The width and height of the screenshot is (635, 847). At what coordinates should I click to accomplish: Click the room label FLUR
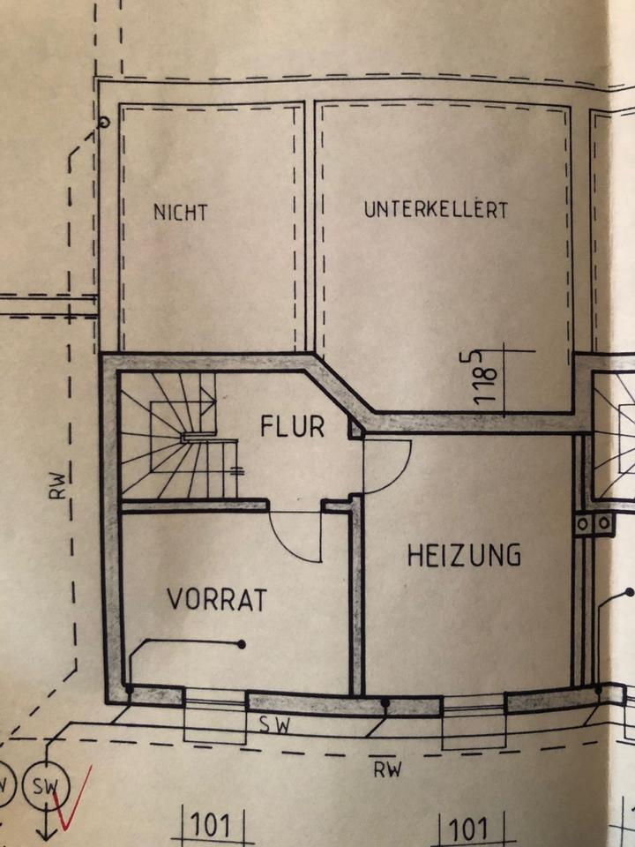[x=293, y=427]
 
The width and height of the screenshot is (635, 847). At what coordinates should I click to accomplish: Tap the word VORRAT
[x=217, y=599]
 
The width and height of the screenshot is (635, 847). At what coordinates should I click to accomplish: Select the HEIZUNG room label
[x=464, y=555]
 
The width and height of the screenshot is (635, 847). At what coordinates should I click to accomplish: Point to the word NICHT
[x=180, y=213]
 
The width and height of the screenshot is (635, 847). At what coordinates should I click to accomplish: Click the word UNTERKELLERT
[x=436, y=211]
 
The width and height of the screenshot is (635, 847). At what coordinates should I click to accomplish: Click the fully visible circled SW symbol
[x=41, y=784]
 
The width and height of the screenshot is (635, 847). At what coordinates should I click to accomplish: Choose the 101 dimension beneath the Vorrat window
[x=210, y=828]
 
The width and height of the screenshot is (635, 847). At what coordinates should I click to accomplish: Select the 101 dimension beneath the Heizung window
[x=469, y=828]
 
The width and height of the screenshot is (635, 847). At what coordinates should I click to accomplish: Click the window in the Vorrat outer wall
[x=214, y=700]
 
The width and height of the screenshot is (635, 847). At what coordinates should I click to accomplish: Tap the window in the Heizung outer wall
[x=474, y=702]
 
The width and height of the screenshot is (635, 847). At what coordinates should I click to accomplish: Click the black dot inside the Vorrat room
[x=241, y=644]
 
